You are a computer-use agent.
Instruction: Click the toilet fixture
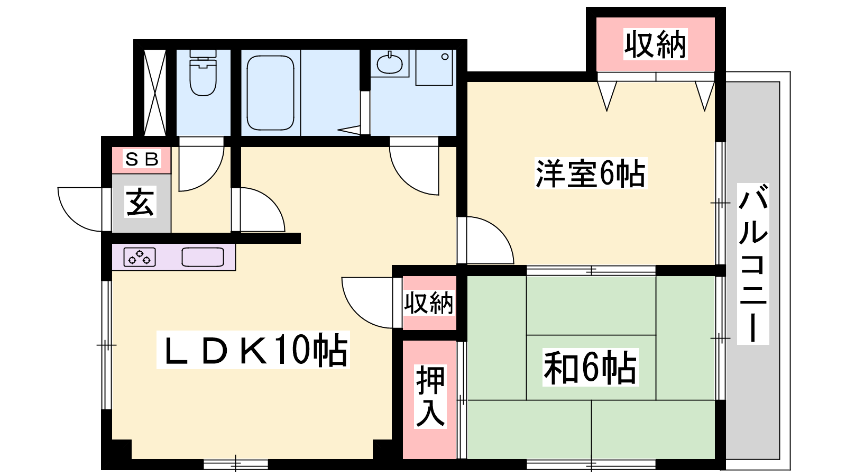point(203,72)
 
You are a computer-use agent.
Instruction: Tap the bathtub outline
point(270,93)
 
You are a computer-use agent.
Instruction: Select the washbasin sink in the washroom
point(390,64)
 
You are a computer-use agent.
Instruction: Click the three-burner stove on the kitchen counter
point(140,257)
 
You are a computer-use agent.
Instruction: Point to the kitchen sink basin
point(203,257)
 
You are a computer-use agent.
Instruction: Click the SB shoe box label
point(142,159)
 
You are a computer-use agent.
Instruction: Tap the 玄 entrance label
point(140,202)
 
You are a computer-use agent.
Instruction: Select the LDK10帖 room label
point(253,350)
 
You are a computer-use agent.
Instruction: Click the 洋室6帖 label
point(591,173)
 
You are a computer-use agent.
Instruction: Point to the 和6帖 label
point(591,367)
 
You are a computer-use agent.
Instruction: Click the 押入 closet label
point(430,396)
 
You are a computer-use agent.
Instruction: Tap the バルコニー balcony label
point(753,264)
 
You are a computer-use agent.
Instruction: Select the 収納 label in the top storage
point(655,44)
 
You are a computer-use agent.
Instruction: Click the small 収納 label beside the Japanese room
point(429,303)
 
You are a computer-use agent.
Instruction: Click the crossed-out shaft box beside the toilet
point(155,93)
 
